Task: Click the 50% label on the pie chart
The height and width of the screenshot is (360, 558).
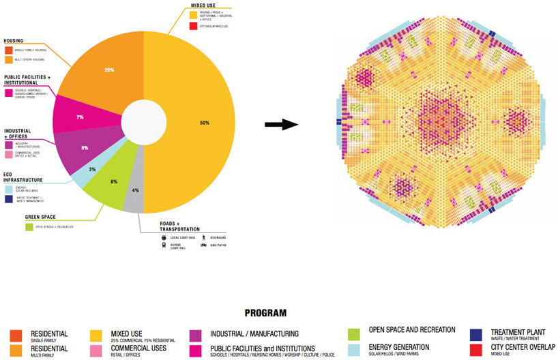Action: (x=205, y=123)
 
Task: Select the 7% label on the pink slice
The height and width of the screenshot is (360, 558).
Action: (x=80, y=117)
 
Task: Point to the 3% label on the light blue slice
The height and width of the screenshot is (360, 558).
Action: (x=92, y=169)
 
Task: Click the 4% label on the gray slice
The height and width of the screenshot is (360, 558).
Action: (x=135, y=191)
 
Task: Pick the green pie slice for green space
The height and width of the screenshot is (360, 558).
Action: (x=109, y=187)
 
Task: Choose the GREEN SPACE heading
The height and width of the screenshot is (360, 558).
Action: (x=39, y=217)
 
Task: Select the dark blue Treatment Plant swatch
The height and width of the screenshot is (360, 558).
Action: (x=477, y=334)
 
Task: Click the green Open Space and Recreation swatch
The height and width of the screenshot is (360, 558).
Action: (x=353, y=334)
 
